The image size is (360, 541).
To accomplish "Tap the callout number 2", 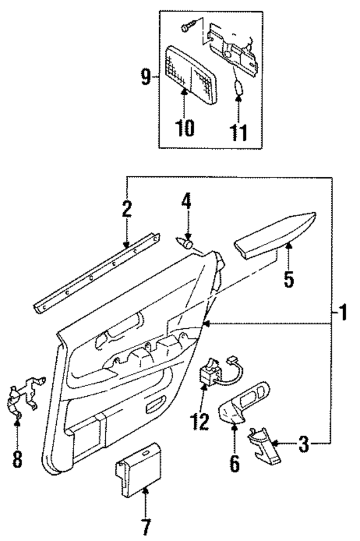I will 127,209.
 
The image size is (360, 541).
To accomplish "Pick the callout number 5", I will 289,279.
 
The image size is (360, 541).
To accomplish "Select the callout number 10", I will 184,128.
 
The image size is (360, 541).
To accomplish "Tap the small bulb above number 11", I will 238,88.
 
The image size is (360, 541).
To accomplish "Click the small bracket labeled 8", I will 22,397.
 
